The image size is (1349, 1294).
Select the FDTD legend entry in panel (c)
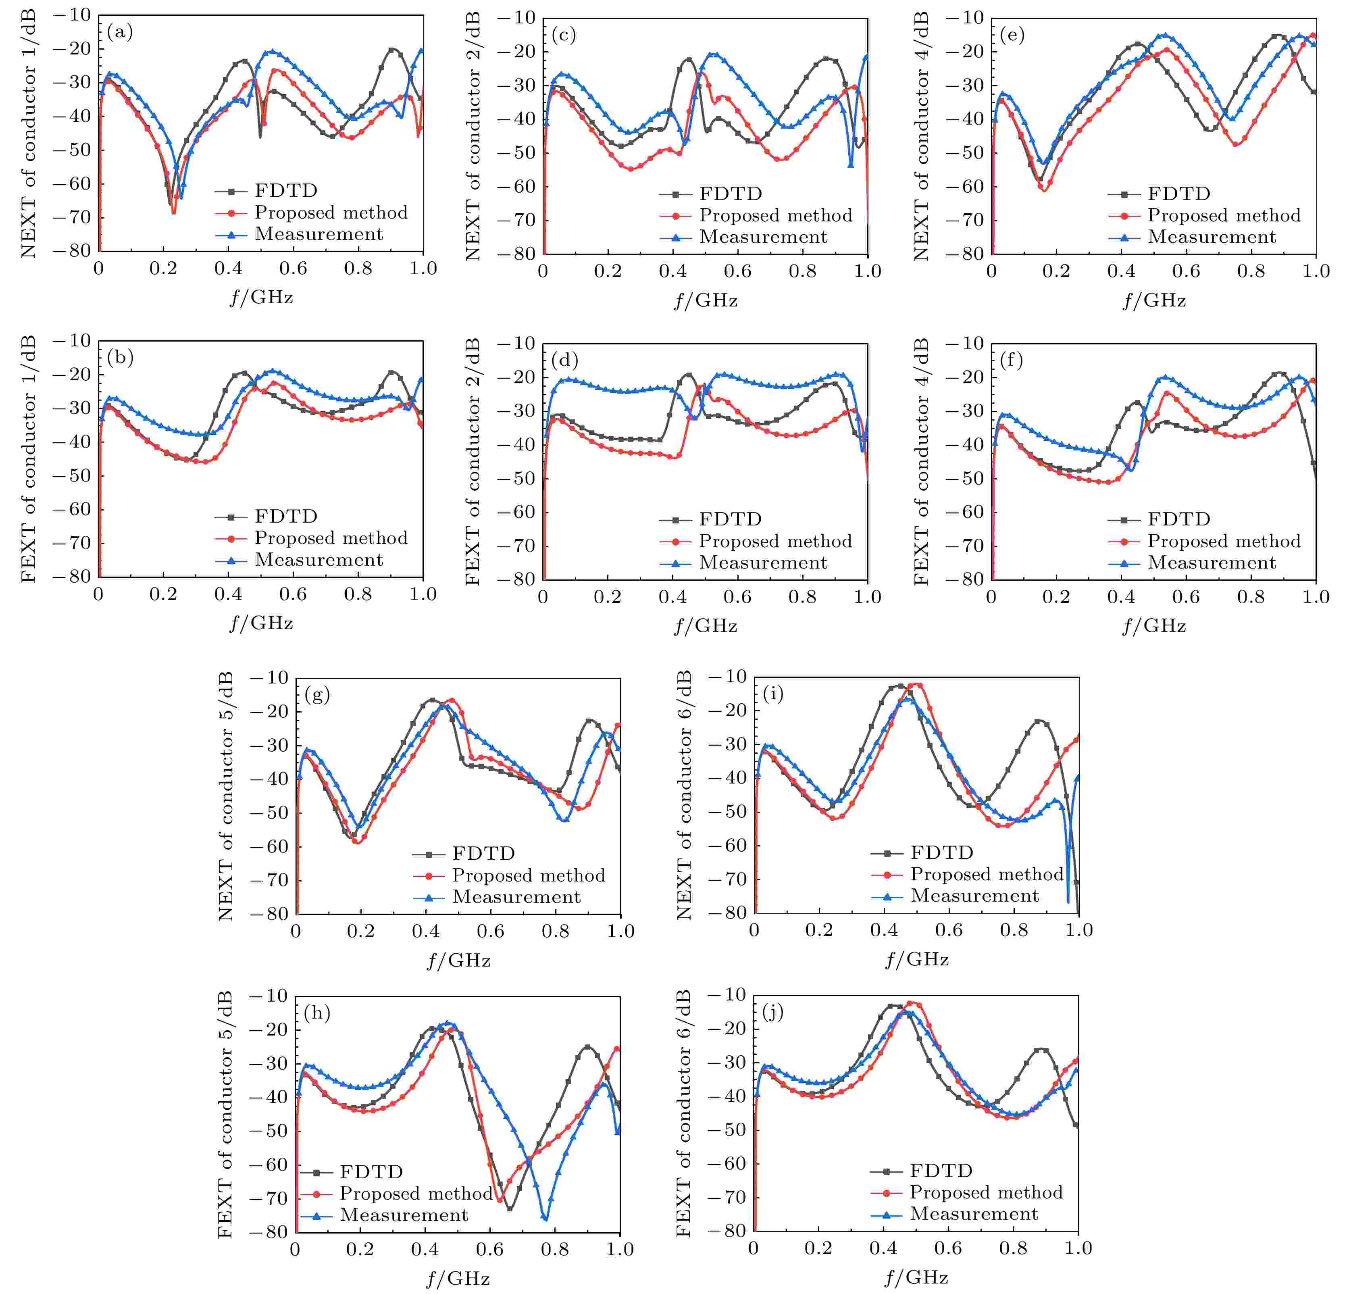(730, 194)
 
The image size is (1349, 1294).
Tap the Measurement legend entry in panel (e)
(1212, 237)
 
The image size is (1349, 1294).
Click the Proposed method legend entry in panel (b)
(330, 538)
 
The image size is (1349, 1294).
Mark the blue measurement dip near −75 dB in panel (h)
(545, 1218)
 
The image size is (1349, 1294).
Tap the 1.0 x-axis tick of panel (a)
(423, 269)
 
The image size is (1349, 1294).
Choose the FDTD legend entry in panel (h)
(370, 1171)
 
